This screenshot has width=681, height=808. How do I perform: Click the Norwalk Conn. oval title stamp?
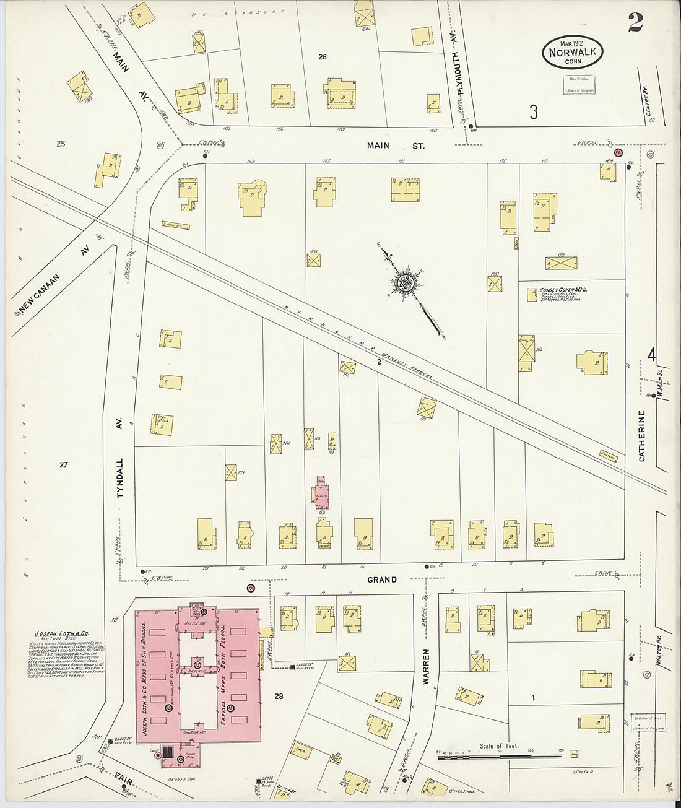click(x=572, y=51)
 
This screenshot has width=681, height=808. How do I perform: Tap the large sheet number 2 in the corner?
click(x=635, y=22)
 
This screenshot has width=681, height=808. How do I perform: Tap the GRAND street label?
click(x=382, y=580)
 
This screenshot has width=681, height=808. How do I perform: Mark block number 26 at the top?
click(x=323, y=57)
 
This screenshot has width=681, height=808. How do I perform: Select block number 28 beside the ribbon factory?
click(x=279, y=696)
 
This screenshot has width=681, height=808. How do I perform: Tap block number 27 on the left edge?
click(x=63, y=464)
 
